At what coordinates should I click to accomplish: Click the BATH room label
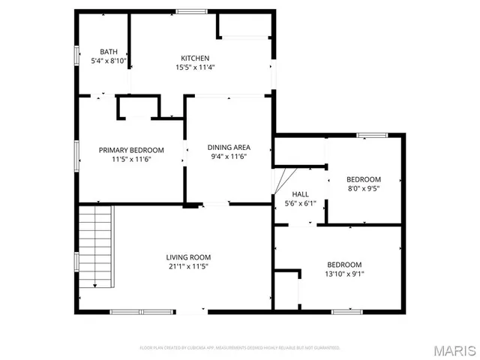(x=109, y=52)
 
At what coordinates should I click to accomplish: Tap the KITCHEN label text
(x=195, y=58)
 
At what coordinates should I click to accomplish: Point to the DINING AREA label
(x=229, y=147)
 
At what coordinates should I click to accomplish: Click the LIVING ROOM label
(x=188, y=257)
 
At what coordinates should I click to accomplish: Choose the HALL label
(x=300, y=193)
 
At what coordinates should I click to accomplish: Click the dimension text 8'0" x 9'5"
(x=363, y=189)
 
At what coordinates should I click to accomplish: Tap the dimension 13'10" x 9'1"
(x=344, y=274)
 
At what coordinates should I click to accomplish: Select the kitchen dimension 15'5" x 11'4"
(x=195, y=67)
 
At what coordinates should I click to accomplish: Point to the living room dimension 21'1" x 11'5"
(x=188, y=266)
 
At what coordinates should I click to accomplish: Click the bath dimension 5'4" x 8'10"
(x=109, y=61)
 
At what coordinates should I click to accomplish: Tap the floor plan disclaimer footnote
(x=240, y=348)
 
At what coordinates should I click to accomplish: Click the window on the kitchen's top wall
(x=191, y=10)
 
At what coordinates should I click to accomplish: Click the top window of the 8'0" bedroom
(x=367, y=135)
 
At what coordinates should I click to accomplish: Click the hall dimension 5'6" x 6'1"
(x=300, y=202)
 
